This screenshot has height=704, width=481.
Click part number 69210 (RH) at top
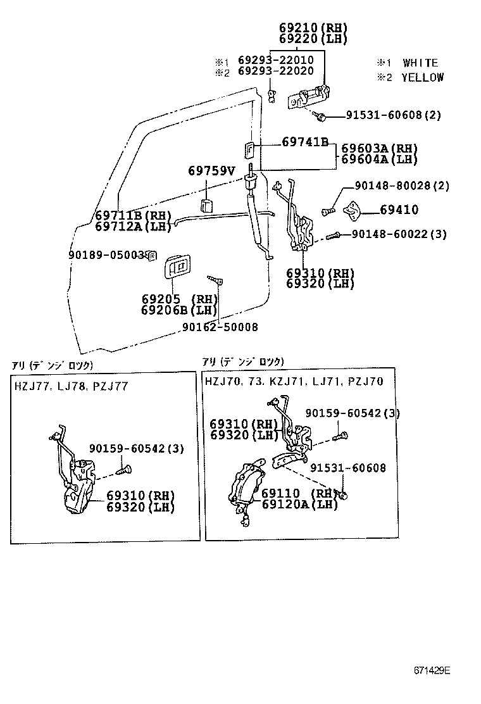(313, 28)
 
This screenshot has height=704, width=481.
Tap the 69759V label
(211, 171)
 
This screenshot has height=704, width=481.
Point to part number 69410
(399, 210)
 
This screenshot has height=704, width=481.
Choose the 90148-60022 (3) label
(399, 234)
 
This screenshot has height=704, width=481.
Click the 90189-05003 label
(106, 255)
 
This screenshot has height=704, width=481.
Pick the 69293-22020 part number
(276, 73)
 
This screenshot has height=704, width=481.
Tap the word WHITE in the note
(420, 63)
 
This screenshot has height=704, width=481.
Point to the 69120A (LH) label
(299, 504)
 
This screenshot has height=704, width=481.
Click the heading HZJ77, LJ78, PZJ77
(70, 386)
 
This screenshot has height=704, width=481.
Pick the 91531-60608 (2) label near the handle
(393, 115)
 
